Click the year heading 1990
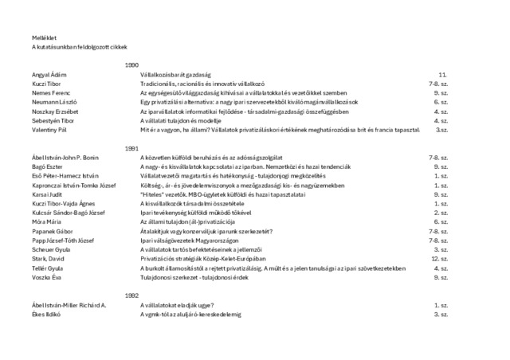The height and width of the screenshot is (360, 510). [x=132, y=64]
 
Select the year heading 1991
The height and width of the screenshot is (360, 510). [x=132, y=149]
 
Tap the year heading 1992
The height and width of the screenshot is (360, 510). [x=132, y=295]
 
